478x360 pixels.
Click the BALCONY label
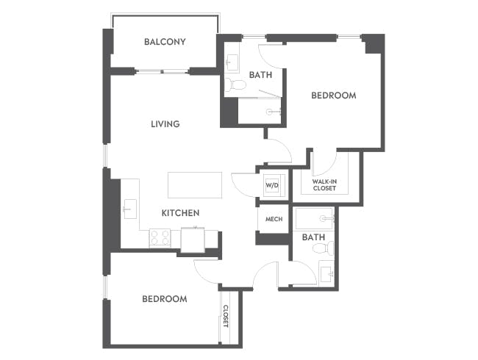click(165, 42)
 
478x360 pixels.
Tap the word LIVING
click(165, 124)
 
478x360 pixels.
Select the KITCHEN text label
click(180, 213)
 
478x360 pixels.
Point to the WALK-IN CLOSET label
click(324, 184)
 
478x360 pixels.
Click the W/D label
click(271, 184)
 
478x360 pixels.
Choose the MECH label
click(274, 219)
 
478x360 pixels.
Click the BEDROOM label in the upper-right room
click(333, 96)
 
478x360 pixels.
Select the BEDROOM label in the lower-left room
click(164, 299)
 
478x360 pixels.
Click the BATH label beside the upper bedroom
click(260, 74)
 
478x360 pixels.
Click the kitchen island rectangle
click(195, 184)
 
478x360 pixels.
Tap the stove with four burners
click(160, 237)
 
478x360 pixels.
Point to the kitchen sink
click(129, 209)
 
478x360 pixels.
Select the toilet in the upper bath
click(236, 84)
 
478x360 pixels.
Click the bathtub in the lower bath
click(315, 219)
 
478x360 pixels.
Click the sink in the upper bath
click(232, 61)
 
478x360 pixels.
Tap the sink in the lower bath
click(327, 274)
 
